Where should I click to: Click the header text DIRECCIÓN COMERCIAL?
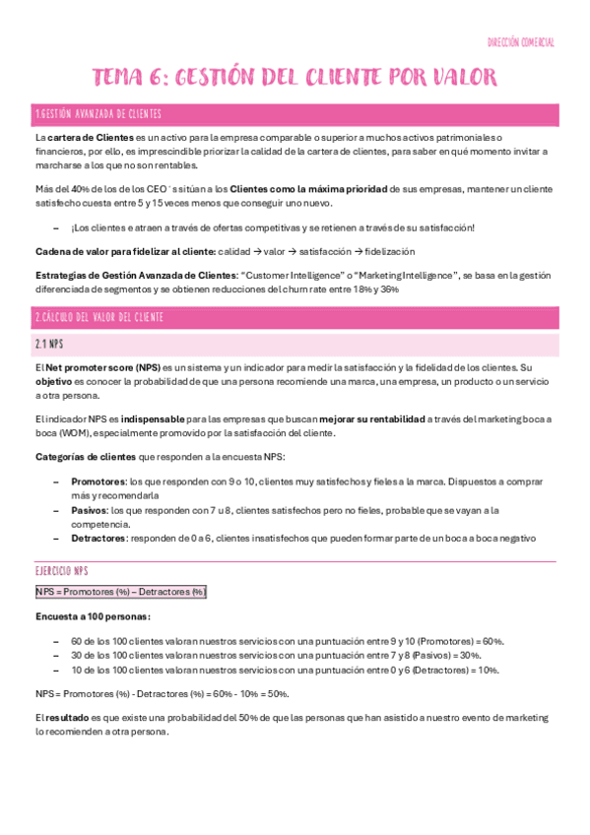[x=521, y=42]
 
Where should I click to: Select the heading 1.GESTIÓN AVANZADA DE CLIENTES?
[x=98, y=115]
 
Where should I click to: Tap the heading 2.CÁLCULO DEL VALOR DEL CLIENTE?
[x=98, y=318]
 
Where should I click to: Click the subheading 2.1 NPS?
[x=49, y=345]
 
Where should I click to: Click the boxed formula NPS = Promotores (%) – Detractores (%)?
[x=120, y=592]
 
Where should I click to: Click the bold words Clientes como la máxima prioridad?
[x=308, y=187]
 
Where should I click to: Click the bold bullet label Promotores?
[x=98, y=482]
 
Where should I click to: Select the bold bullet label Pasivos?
[x=90, y=510]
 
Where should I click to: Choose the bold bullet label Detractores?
[x=99, y=538]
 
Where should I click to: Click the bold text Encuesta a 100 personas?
[x=92, y=616]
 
